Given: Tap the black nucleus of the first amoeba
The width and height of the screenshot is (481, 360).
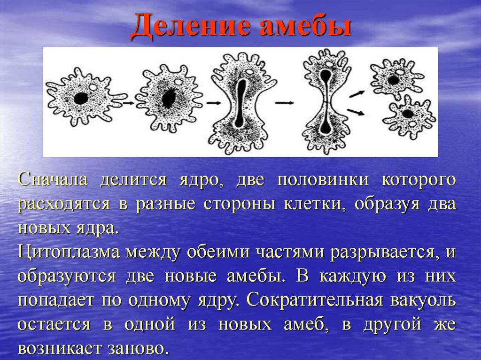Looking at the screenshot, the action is coord(81,99).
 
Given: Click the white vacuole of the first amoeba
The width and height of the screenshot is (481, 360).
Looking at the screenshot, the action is coord(93,87).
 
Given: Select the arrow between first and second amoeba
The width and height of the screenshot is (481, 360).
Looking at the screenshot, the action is coord(129,103).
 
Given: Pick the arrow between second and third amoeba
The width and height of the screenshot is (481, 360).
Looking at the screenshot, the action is coord(213,103).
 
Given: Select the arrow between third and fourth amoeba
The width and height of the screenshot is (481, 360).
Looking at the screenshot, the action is coord(284,103).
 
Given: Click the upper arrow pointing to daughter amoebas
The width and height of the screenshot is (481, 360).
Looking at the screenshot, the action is coord(357,94).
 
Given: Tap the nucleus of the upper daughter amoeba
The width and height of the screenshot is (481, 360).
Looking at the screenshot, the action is coord(393,80).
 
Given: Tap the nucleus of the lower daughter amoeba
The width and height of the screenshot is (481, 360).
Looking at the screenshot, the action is coord(408,114).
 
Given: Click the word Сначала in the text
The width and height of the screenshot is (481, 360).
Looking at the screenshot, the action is coord(53,180).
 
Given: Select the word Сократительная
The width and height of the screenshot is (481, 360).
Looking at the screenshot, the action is coord(315,300).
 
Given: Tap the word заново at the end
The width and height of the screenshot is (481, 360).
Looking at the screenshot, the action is coord(138,349).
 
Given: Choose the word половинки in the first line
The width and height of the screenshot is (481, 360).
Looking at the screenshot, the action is coord(323,180).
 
